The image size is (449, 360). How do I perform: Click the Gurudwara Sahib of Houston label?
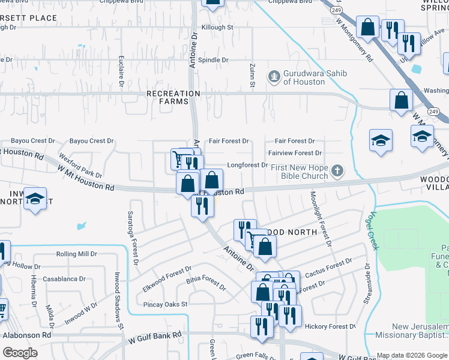pyautogui.click(x=309, y=77)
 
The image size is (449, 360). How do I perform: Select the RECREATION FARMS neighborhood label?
pyautogui.click(x=173, y=98)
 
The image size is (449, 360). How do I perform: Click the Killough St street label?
pyautogui.click(x=217, y=28)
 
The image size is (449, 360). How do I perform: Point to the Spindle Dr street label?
pyautogui.click(x=214, y=60)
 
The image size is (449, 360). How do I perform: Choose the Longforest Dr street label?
pyautogui.click(x=247, y=165)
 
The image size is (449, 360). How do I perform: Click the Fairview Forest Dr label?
pyautogui.click(x=295, y=154)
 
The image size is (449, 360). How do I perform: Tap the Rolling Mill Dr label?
pyautogui.click(x=76, y=254)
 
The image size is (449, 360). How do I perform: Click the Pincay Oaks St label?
pyautogui.click(x=166, y=304)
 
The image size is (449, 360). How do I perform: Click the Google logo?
pyautogui.click(x=20, y=353)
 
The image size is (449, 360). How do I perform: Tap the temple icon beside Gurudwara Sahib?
pyautogui.click(x=275, y=76)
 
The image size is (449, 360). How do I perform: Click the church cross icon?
pyautogui.click(x=338, y=171)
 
